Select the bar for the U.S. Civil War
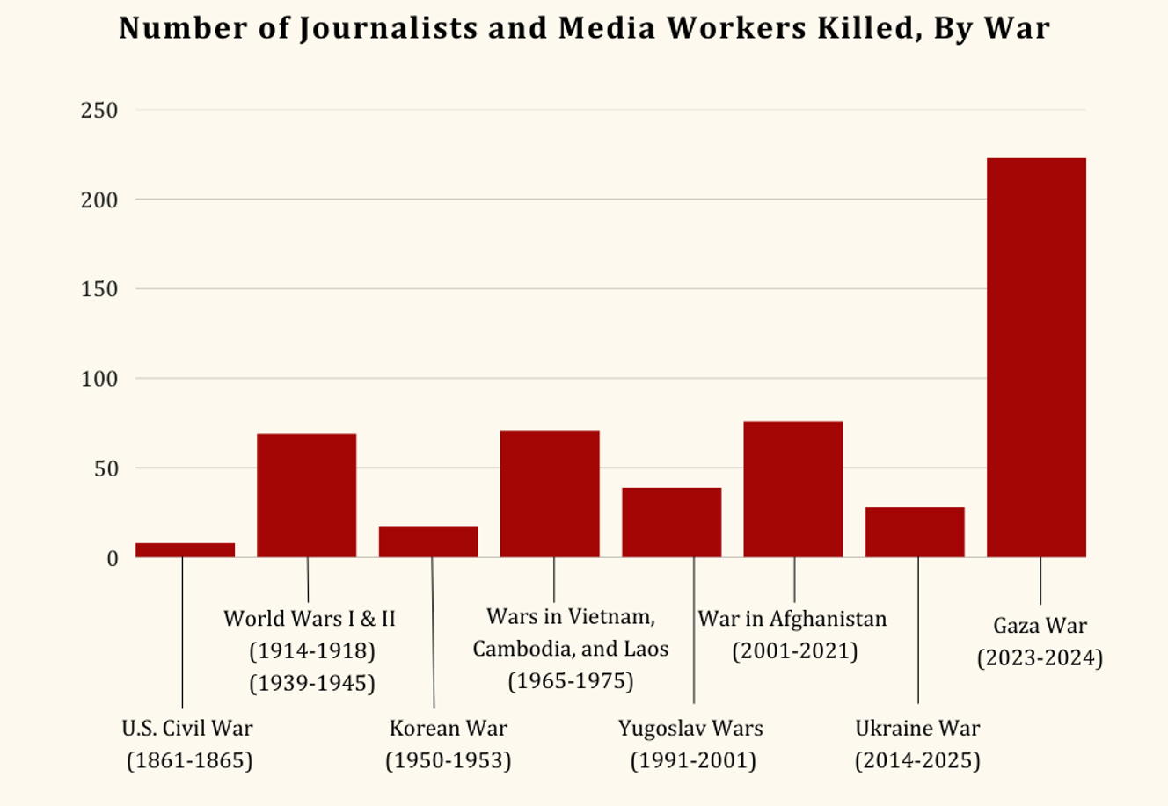186,550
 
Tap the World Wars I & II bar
307,496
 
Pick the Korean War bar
428,542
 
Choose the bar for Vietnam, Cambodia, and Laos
550,494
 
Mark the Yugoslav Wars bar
671,522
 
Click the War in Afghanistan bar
792,490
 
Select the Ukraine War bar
915,532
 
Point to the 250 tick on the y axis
99,111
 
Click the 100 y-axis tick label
99,379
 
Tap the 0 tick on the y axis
112,558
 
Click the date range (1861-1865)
189,760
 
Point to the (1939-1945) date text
312,683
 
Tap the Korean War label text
449,728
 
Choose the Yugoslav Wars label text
690,728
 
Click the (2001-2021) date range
794,651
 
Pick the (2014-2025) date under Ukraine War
917,760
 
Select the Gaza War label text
1040,626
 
